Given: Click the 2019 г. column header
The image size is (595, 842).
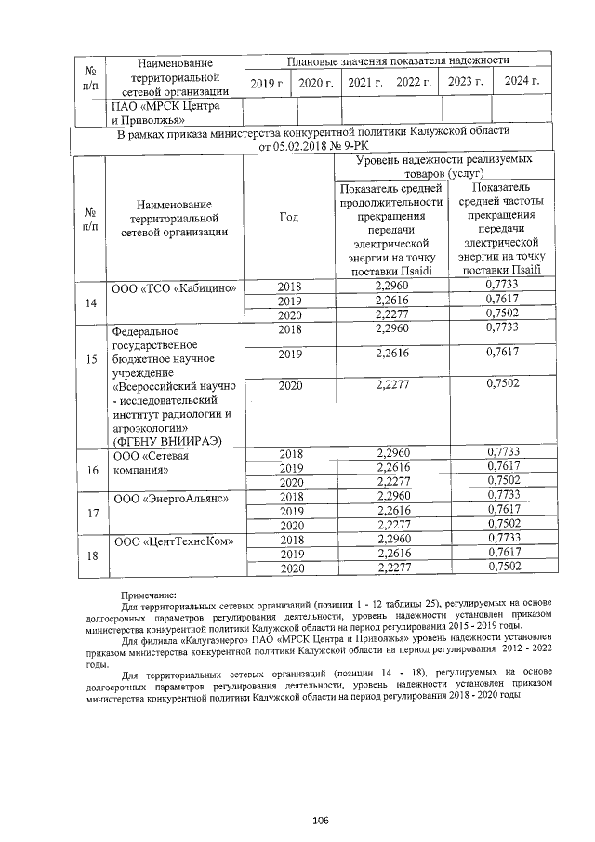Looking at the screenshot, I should (269, 83).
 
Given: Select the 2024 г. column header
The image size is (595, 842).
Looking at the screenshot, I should (522, 82).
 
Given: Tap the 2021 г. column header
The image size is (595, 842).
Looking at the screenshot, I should (365, 83).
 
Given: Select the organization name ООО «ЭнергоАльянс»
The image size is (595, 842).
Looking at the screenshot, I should (170, 499).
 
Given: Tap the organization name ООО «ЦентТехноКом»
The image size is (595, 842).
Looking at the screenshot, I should (173, 541).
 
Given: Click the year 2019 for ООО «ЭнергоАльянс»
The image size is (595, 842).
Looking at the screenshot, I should (291, 511).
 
